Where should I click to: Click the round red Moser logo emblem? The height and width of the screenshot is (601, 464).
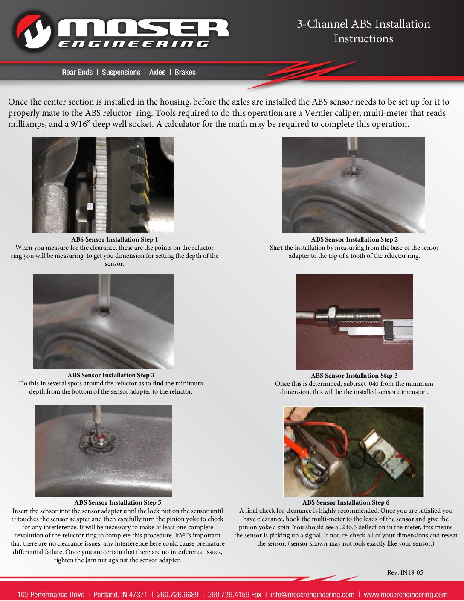pyautogui.click(x=32, y=31)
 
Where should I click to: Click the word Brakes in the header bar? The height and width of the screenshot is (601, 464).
pyautogui.click(x=185, y=73)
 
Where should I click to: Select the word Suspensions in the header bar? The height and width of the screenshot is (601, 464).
pyautogui.click(x=121, y=73)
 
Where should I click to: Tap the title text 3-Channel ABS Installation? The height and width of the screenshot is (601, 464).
pyautogui.click(x=363, y=24)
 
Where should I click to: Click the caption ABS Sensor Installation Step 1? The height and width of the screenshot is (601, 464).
pyautogui.click(x=114, y=239)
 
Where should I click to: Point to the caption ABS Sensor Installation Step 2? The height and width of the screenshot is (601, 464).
pyautogui.click(x=354, y=239)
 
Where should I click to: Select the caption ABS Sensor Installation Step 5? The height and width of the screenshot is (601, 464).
pyautogui.click(x=117, y=502)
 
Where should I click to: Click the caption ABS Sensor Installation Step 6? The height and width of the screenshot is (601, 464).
pyautogui.click(x=345, y=502)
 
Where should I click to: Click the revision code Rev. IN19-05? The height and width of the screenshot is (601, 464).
pyautogui.click(x=405, y=572)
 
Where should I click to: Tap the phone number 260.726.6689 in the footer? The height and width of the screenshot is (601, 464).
pyautogui.click(x=177, y=595)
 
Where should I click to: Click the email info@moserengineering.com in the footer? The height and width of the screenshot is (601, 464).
pyautogui.click(x=312, y=595)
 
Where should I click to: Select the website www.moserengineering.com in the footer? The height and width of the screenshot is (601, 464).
pyautogui.click(x=405, y=595)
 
